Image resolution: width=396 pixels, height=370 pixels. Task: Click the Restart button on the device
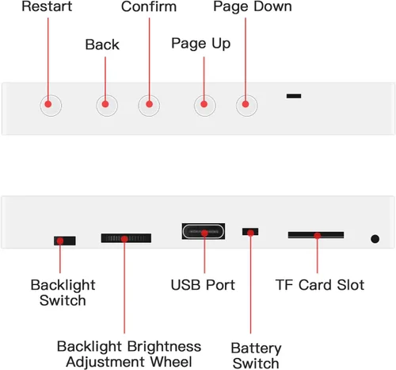51,106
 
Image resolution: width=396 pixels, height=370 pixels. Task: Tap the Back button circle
107,106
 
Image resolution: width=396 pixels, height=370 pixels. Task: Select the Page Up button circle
205,106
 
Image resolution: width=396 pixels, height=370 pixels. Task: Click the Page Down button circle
247,106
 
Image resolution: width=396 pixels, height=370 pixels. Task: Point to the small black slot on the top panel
294,96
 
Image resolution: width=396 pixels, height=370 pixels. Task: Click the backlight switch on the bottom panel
65,241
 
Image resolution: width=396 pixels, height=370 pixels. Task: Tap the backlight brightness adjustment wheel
126,238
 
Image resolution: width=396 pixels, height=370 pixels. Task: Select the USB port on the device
204,231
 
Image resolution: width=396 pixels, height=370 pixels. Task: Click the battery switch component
250,232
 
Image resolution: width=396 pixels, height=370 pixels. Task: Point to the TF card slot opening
316,235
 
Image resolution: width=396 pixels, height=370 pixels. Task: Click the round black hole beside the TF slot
375,239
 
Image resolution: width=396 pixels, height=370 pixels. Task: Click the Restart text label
47,6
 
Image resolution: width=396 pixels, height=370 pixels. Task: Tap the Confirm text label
149,6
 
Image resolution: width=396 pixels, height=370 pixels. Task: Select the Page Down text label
253,7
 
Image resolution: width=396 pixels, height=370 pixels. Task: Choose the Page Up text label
201,44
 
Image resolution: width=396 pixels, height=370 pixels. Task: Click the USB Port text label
203,285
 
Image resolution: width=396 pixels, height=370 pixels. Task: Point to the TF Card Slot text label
320,285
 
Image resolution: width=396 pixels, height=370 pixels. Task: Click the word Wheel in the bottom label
171,362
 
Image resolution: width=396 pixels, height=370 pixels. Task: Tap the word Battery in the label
256,349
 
